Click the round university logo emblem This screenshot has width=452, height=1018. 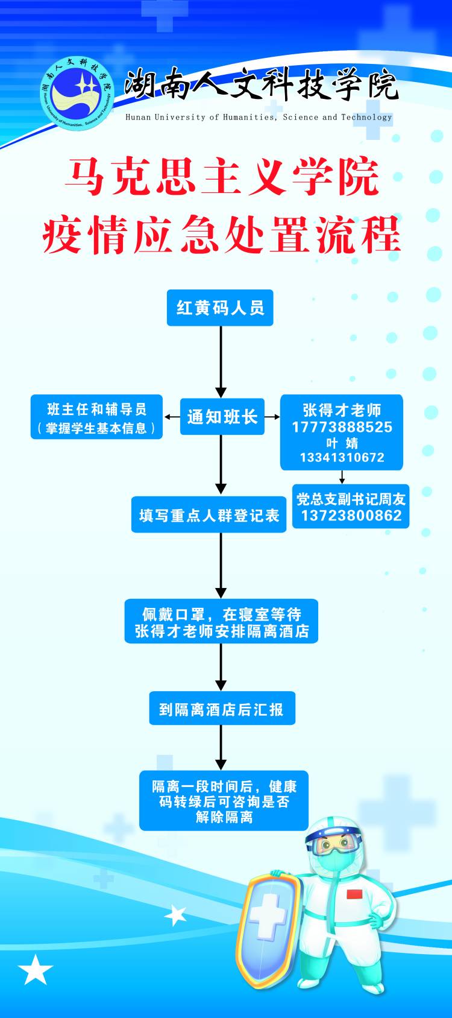pos(77,97)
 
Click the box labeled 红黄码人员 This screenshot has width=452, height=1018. pos(220,308)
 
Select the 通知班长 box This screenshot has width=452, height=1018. pos(222,416)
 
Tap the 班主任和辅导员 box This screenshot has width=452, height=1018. pos(97,417)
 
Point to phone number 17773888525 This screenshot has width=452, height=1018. pos(342,427)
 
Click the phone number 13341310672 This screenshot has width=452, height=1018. pos(342,457)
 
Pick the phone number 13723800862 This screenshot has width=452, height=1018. pos(351,515)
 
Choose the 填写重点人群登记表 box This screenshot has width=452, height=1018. pos(209,515)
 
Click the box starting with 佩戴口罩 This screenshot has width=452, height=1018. pos(221,622)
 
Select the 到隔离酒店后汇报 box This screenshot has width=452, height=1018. pos(222,709)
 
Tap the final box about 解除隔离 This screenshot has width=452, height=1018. pos(224,801)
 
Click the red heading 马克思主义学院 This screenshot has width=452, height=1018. pos(222,178)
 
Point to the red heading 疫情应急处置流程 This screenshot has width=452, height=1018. pos(222,235)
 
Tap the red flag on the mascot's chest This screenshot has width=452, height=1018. pos(353,893)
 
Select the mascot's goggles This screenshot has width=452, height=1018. pos(334,844)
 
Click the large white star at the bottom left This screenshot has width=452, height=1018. pos(36,969)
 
